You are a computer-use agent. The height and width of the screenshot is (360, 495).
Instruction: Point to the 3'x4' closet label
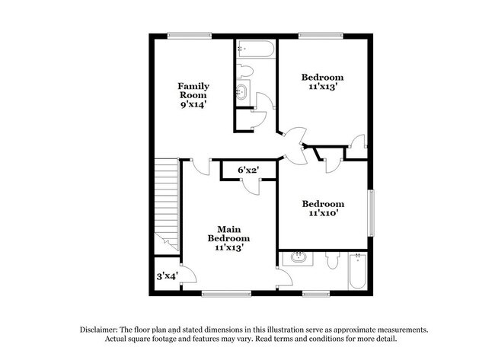167,276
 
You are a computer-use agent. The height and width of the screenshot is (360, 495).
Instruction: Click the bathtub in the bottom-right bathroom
356,270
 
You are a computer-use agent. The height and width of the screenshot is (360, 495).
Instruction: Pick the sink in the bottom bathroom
298,259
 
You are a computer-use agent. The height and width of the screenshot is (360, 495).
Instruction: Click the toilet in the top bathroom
244,72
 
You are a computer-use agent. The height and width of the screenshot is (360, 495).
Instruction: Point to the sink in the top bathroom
241,93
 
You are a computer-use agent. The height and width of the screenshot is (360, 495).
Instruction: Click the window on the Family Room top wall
190,34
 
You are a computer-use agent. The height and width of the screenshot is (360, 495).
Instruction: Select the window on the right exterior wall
372,212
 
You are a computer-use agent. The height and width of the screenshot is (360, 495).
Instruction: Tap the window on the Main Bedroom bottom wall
228,292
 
